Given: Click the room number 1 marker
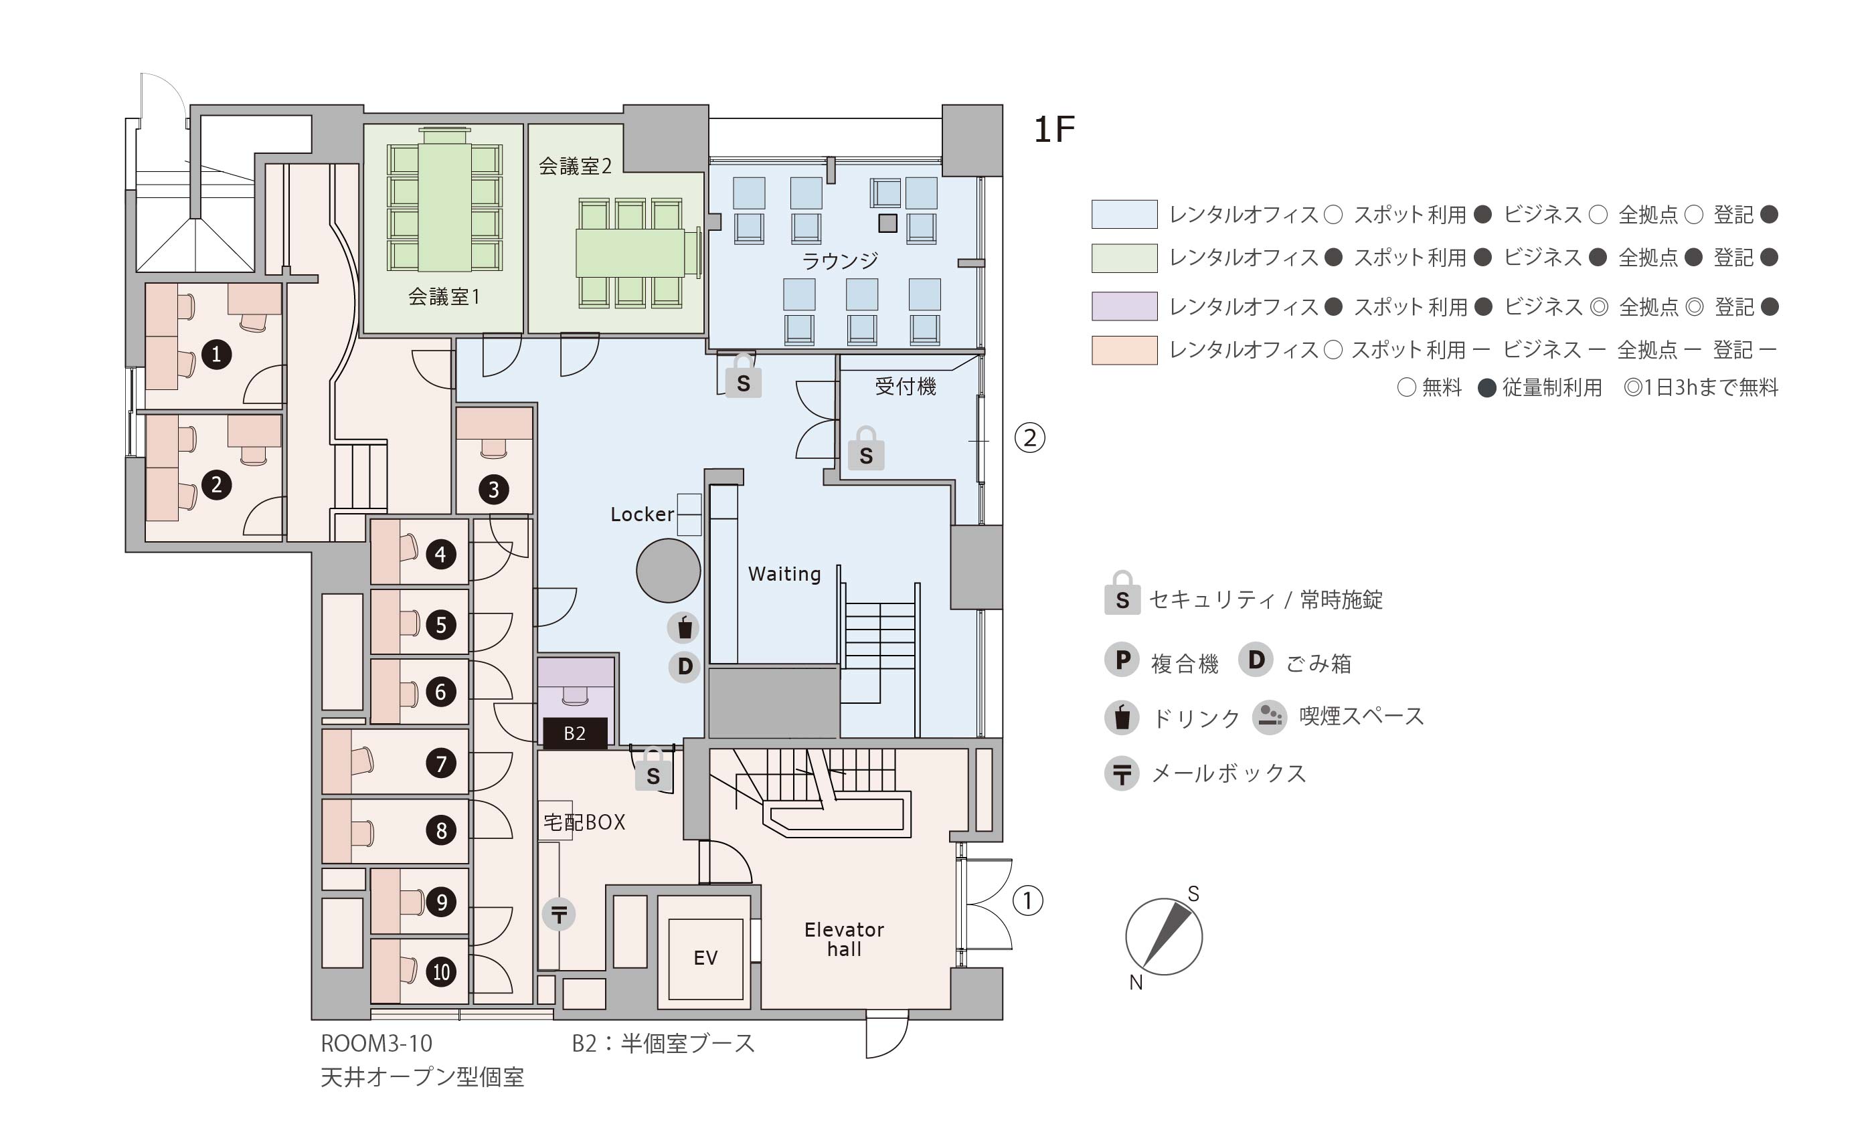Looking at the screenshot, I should (217, 355).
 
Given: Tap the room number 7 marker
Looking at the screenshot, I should (441, 763).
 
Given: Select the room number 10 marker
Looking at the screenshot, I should (441, 972).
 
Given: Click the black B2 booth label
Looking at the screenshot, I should (575, 733).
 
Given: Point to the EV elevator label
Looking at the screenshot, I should (705, 957).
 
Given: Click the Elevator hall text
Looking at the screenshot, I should (844, 939).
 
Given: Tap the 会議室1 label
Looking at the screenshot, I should (444, 296).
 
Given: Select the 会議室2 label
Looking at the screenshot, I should (575, 166).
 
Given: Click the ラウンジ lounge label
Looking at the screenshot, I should (840, 261).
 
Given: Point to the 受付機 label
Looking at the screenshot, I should (905, 386).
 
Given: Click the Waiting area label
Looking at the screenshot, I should (784, 574).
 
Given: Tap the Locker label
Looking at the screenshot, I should (642, 515).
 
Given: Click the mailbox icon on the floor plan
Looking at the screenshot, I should (559, 914).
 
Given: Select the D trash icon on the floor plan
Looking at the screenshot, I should (685, 666).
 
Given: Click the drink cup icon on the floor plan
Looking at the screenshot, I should (684, 628).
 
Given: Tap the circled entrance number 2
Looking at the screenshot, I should (1030, 438).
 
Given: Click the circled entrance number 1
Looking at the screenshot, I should (1027, 901).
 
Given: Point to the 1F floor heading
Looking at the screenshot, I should (1053, 130).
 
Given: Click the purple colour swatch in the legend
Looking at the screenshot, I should (1124, 306).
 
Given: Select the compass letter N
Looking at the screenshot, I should (1136, 983).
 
